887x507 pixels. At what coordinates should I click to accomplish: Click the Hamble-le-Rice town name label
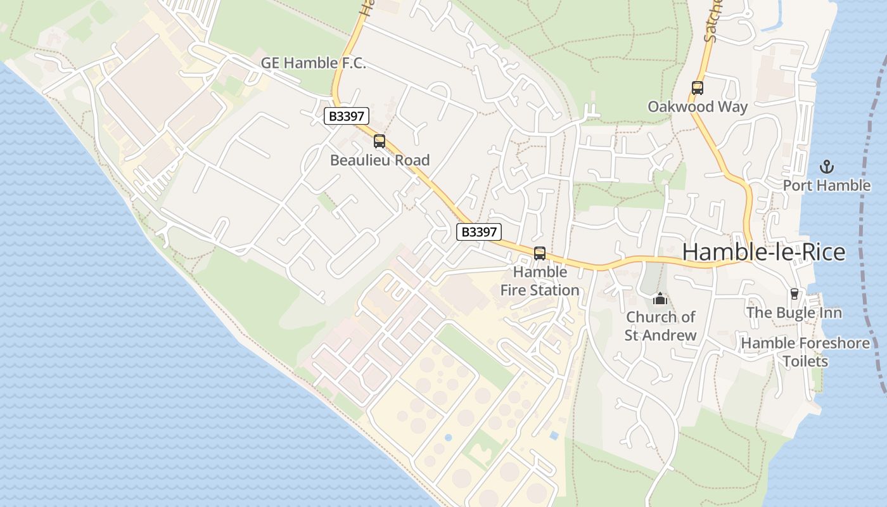point(763,252)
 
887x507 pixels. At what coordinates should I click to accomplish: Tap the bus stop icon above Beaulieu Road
point(380,141)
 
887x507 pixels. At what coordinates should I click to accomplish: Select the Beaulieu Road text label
point(380,160)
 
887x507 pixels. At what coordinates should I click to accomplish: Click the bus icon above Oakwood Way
point(698,88)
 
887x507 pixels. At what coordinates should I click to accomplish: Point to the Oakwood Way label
point(698,106)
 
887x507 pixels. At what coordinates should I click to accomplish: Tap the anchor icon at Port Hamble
point(826,167)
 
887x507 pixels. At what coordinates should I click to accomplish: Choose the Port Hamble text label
point(826,186)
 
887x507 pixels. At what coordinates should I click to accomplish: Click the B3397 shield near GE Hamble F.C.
point(346,117)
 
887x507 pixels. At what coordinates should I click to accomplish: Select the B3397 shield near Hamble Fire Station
point(479,232)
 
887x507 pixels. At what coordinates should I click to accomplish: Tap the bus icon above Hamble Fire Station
point(540,253)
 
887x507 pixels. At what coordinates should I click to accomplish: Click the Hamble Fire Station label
point(540,281)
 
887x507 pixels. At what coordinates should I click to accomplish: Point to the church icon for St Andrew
point(660,298)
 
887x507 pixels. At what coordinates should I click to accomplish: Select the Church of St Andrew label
point(660,326)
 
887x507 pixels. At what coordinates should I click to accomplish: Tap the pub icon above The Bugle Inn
point(794,294)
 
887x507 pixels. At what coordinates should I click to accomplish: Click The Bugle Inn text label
point(794,312)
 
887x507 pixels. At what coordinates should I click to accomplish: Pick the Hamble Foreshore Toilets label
point(805,352)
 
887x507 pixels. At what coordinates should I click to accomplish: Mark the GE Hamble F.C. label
point(314,63)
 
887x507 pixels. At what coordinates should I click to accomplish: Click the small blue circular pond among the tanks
point(449,437)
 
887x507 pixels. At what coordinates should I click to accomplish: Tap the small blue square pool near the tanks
point(554,436)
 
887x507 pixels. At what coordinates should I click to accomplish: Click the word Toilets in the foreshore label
point(805,361)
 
